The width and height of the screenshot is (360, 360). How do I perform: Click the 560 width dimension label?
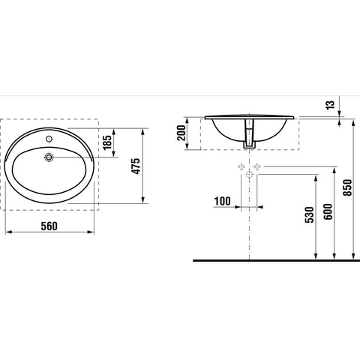[x=49, y=226]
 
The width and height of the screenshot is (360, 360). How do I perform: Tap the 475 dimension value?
[x=136, y=166]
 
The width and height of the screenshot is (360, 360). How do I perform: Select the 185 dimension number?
[x=107, y=142]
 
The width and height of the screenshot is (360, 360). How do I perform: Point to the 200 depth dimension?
[x=181, y=133]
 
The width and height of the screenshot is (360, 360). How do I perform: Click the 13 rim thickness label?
[x=330, y=105]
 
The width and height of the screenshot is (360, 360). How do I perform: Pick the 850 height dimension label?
[x=347, y=187]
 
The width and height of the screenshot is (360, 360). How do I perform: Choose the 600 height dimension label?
[x=328, y=211]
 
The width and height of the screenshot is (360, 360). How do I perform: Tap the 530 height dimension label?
[x=309, y=214]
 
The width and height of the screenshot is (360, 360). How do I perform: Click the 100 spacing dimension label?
[x=223, y=201]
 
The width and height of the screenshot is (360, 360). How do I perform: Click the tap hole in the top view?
[x=49, y=138]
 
